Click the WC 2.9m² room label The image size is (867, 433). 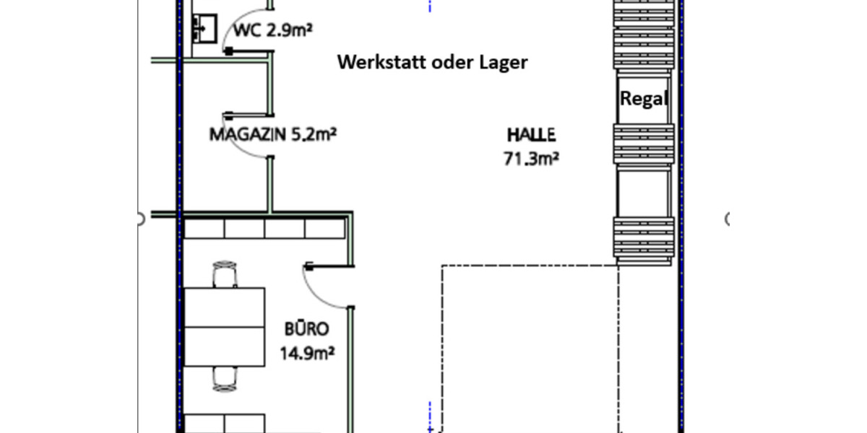273,30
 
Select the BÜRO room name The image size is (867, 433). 306,330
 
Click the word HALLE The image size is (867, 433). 531,134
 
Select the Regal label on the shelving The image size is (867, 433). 642,99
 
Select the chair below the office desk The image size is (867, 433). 225,377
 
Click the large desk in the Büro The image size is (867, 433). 225,327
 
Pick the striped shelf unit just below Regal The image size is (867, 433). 643,143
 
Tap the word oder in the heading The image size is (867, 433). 451,63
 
